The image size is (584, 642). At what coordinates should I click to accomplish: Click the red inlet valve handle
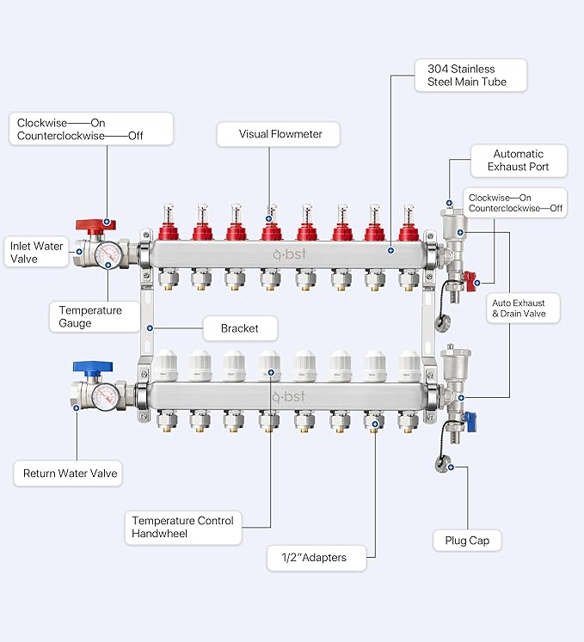point(95,225)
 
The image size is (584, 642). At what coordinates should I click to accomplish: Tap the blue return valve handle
point(93,366)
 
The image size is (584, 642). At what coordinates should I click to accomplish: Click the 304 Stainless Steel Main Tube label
point(470,76)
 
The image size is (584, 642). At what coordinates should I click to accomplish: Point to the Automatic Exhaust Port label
point(519,161)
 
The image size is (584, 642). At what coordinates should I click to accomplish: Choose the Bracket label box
point(240,328)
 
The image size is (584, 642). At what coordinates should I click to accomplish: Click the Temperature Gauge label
point(94,316)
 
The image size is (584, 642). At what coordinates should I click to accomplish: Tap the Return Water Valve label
point(68,474)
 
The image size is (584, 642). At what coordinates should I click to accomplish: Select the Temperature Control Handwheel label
point(183,528)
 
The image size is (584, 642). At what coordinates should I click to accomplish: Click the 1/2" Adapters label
point(317,558)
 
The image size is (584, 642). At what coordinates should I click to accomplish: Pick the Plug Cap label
point(467,541)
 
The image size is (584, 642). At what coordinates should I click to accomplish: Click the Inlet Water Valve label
point(36,252)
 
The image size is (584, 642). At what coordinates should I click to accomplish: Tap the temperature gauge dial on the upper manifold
point(108,254)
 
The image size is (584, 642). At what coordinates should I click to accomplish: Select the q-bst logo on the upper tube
point(289,254)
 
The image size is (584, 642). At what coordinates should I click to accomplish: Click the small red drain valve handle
point(470,281)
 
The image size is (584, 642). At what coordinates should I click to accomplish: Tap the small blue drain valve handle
point(470,422)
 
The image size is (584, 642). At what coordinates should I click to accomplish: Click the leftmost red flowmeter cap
point(169,231)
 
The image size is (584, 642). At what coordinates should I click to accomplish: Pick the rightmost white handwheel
point(409,365)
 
